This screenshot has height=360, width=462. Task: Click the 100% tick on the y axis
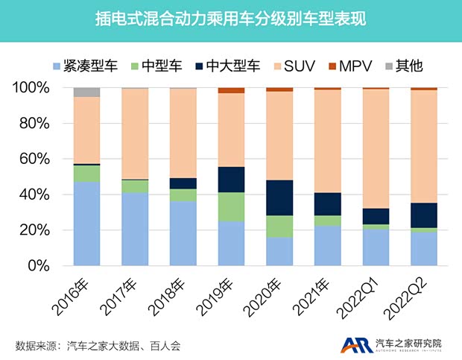coord(31,88)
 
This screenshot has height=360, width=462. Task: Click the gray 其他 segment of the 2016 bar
coord(86,92)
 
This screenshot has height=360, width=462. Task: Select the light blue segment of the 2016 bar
coord(86,224)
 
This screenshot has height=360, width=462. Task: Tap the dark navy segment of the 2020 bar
coord(279,198)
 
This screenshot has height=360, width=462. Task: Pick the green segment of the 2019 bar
coord(231,206)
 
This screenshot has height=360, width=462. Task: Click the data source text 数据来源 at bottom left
coord(98,344)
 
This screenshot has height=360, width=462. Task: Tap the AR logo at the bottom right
coord(354,344)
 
